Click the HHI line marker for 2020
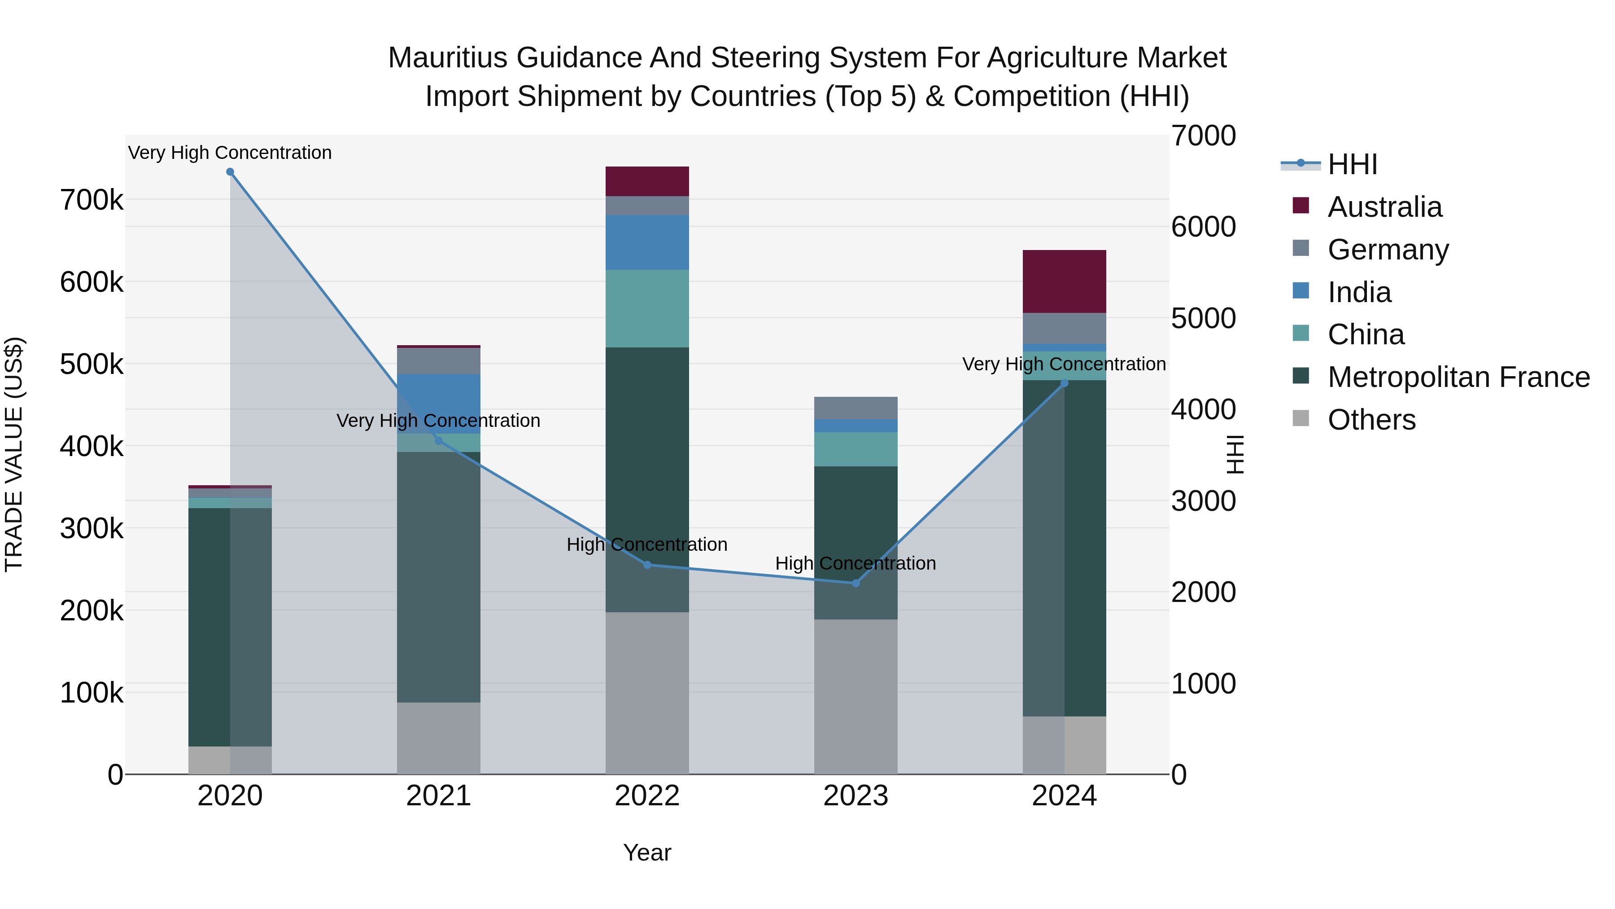point(230,172)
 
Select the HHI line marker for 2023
point(856,584)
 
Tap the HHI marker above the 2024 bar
point(1064,383)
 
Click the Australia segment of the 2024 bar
point(1064,281)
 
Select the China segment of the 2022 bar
point(647,309)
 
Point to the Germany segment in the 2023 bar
point(856,408)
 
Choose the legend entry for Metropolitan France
point(1458,377)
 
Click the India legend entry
point(1359,292)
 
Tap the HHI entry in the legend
point(1352,164)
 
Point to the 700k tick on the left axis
point(92,200)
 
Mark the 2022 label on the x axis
point(647,796)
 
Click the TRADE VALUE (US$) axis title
point(14,454)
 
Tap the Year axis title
point(647,852)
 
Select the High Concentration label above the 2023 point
point(856,563)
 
